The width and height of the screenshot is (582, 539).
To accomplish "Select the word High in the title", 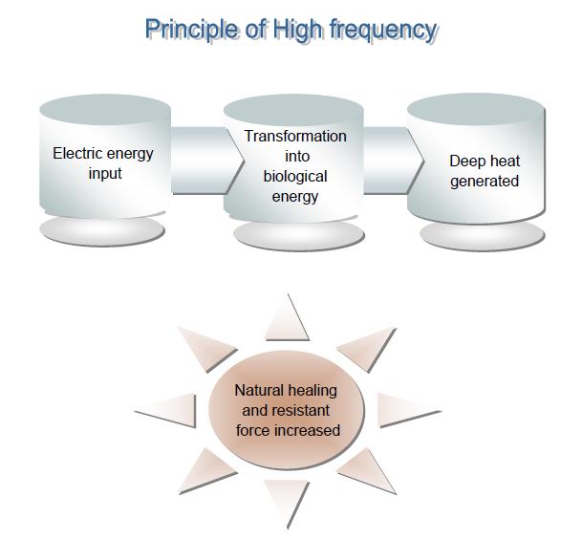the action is click(297, 30).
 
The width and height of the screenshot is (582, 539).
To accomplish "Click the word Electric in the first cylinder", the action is click(76, 153).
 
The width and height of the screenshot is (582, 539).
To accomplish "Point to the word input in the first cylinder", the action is click(105, 174).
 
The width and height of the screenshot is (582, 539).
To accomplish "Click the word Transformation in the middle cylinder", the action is click(295, 136).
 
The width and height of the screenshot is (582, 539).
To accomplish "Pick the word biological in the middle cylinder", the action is click(295, 177).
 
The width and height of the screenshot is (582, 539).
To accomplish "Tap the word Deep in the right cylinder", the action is click(466, 162).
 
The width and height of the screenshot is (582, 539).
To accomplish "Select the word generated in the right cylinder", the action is click(485, 182).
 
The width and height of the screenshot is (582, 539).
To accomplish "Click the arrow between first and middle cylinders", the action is click(207, 161).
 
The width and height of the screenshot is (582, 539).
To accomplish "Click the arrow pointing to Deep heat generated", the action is click(394, 161).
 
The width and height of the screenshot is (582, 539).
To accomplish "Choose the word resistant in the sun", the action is click(301, 411).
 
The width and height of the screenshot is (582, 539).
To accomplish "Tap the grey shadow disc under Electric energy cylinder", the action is click(102, 231).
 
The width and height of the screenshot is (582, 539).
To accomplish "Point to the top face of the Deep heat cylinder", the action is click(476, 109).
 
